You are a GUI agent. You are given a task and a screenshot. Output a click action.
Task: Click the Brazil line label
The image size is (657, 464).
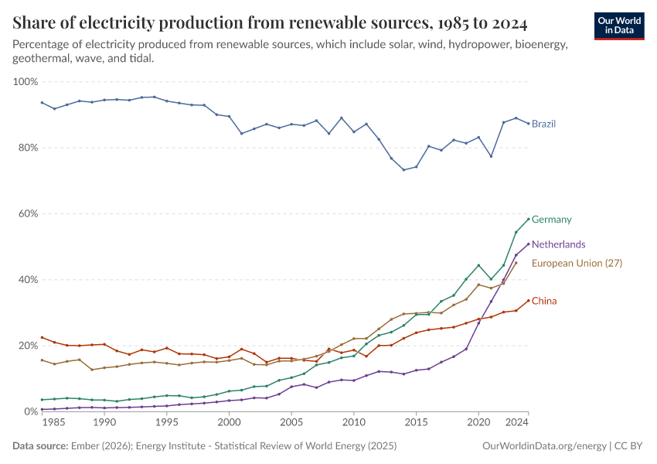coord(543,124)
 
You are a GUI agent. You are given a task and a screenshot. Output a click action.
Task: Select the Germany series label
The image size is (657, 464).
coord(551,220)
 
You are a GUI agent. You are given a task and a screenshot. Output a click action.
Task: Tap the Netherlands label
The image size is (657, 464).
coord(559,244)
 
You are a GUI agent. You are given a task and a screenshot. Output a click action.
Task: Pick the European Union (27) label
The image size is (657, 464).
coord(577,263)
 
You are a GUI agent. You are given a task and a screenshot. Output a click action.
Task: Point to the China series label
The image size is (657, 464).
coord(544,301)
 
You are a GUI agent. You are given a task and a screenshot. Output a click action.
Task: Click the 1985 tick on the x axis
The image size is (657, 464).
coord(54,423)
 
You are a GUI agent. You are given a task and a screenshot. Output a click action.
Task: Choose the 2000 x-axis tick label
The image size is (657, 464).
coord(229,423)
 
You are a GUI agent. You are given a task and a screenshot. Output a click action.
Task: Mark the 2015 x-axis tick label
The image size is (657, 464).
coord(417,423)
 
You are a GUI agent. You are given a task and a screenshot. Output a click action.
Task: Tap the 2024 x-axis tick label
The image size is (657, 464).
coord(529,423)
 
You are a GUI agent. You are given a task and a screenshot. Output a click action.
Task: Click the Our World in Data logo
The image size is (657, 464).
coord(620,26)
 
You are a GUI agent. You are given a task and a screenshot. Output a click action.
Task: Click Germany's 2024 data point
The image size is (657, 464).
coord(529,219)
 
